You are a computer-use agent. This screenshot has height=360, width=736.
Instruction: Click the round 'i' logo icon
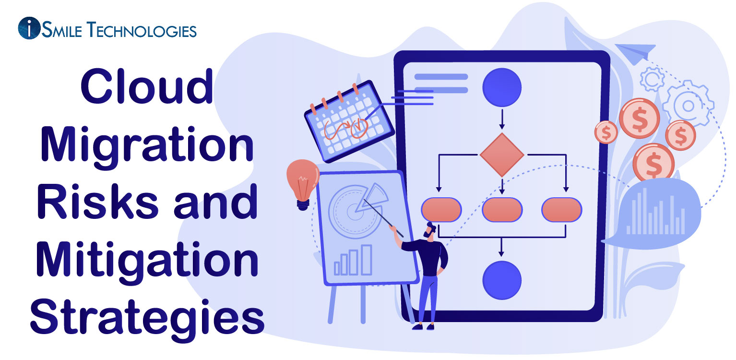[x=29, y=29]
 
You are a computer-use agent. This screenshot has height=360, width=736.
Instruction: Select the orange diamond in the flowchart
[x=502, y=155]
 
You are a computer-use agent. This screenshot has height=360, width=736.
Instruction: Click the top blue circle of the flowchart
[x=502, y=87]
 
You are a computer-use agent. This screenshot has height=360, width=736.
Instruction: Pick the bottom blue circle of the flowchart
[x=502, y=280]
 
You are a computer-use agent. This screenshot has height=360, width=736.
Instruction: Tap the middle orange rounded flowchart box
[x=502, y=210]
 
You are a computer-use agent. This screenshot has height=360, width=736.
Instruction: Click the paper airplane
[x=634, y=53]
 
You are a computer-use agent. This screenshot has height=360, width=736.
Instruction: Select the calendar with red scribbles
[x=349, y=120]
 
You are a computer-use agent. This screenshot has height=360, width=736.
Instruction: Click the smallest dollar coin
[x=606, y=132]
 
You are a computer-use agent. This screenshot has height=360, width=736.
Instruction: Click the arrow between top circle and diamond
[x=502, y=120]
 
